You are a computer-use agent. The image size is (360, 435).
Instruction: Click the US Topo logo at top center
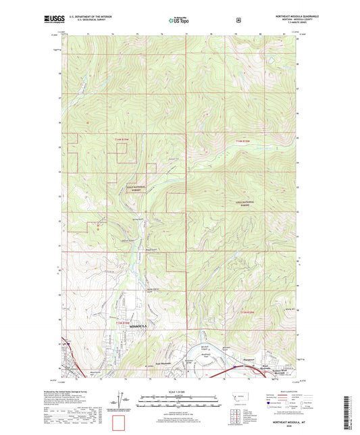click(179, 21)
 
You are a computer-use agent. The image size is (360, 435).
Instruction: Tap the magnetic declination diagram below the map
click(126, 401)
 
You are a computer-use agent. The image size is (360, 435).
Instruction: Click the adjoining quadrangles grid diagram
click(234, 414)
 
